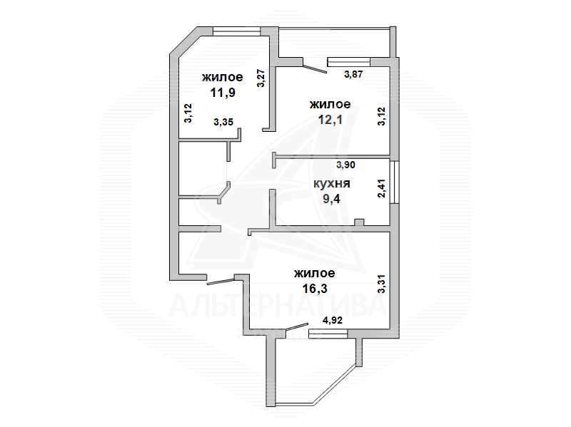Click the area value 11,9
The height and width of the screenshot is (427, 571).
223,93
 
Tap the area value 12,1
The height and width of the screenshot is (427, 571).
330,120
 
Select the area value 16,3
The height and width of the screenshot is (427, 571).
315,289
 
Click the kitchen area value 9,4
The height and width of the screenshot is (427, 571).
331,199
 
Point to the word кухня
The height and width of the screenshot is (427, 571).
332,183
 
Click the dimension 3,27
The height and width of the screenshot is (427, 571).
261,78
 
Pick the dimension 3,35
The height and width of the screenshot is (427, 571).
223,122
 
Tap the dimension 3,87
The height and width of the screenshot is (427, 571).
354,74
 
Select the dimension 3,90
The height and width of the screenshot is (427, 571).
345,165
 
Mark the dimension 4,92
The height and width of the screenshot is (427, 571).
333,320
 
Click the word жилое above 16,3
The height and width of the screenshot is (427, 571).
315,273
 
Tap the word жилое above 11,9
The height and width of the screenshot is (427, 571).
223,77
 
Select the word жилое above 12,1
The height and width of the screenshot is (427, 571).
330,104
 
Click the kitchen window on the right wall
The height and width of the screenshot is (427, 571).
393,182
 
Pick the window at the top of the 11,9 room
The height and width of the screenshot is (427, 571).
237,31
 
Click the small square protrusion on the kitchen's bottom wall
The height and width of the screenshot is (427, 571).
359,222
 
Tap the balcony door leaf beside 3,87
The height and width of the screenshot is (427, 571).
315,69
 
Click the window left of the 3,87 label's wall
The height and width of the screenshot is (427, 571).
348,62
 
